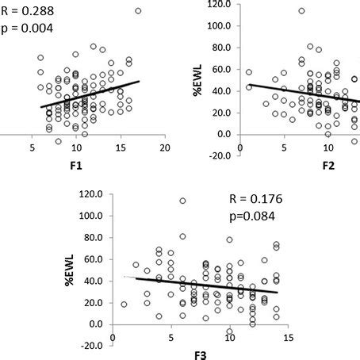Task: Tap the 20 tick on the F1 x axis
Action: pyautogui.click(x=164, y=148)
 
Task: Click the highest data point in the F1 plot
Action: pyautogui.click(x=138, y=11)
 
